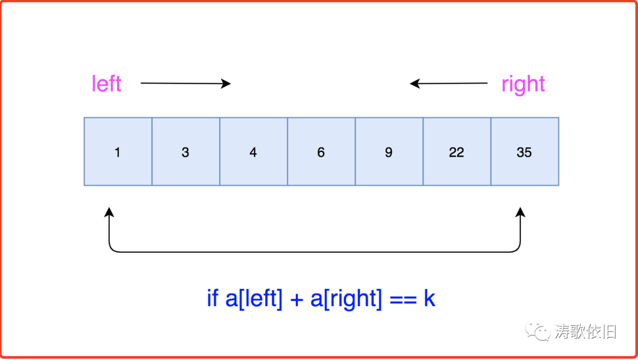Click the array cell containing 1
tap(118, 152)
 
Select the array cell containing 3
tap(185, 152)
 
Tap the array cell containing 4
tap(253, 152)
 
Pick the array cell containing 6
tap(321, 152)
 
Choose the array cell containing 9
tap(389, 152)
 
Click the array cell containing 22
tap(457, 152)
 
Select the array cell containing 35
tap(525, 152)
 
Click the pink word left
tap(106, 84)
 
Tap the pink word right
tap(523, 85)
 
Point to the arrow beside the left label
tap(185, 83)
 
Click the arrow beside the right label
tap(449, 83)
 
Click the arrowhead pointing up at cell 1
tap(109, 212)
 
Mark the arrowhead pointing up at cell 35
tap(520, 212)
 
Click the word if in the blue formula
tap(213, 299)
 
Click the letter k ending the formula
tap(429, 299)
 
